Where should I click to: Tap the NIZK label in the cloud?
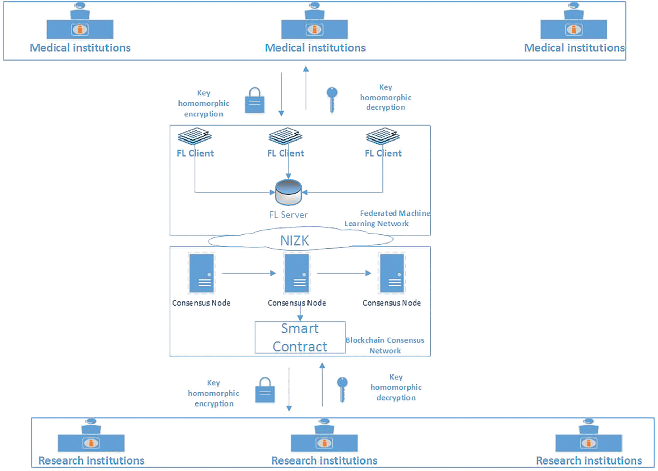(x=294, y=241)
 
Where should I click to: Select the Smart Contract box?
(x=300, y=337)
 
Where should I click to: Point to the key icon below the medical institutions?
(x=332, y=99)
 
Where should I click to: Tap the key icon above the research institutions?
(x=342, y=389)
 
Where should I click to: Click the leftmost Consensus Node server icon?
(x=201, y=273)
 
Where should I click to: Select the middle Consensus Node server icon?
(x=296, y=273)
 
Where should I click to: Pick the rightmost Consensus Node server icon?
(x=391, y=273)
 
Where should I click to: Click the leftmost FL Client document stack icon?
(x=195, y=136)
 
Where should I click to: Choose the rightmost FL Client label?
(x=383, y=153)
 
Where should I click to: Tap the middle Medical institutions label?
(x=315, y=48)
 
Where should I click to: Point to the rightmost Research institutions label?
(x=588, y=461)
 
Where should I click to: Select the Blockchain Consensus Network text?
(x=385, y=345)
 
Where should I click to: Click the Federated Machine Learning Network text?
(x=387, y=218)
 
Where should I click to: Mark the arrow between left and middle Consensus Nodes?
(x=248, y=273)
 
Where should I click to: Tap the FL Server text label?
(x=288, y=215)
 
